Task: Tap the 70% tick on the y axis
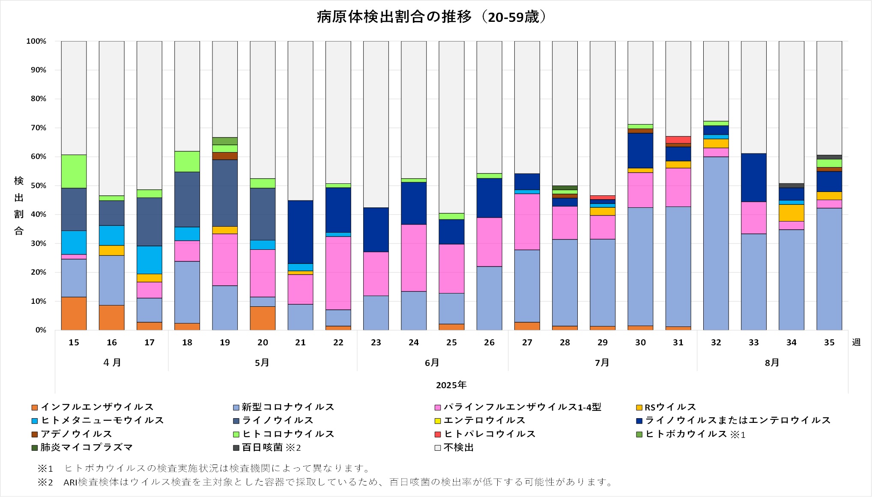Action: (38, 128)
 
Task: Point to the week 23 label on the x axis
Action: (376, 342)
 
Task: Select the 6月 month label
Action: (432, 362)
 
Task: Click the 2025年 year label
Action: (451, 385)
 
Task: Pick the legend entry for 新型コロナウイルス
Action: (287, 407)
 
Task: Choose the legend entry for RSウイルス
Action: (670, 407)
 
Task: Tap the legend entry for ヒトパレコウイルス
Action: (489, 434)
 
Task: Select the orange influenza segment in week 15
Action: (74, 313)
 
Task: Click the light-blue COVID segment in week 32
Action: (716, 243)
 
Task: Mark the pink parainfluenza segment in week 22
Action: (338, 273)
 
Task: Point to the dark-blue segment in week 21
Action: (300, 232)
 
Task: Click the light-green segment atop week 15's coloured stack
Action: (74, 171)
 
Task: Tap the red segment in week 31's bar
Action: (678, 140)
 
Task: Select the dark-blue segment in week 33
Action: (753, 177)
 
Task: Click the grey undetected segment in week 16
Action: (111, 118)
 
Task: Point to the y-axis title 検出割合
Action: (19, 206)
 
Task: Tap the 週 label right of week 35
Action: (856, 342)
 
